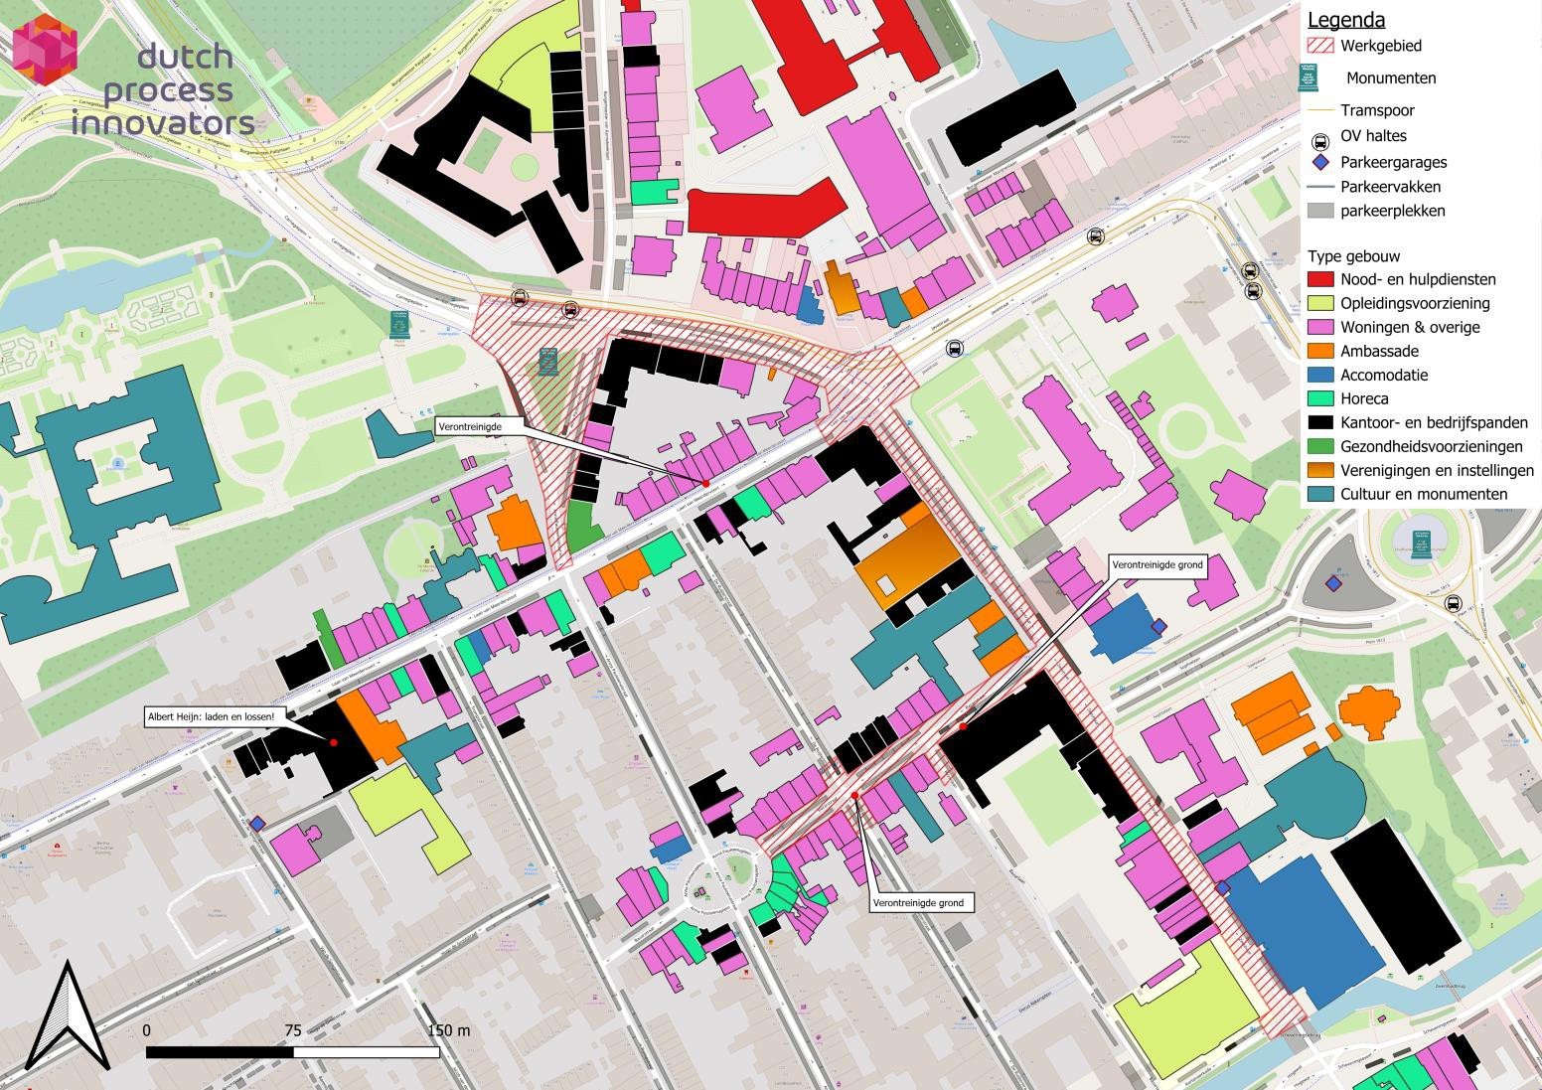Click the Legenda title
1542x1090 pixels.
click(1345, 20)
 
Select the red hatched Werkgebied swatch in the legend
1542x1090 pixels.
click(1319, 46)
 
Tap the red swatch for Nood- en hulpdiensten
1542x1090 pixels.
click(1319, 280)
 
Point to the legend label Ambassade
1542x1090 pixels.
click(1379, 352)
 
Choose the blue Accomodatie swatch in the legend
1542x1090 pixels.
click(1319, 376)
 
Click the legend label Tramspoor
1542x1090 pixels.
click(1377, 110)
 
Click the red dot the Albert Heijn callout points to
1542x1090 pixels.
click(334, 742)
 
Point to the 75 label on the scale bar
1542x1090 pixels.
click(292, 1030)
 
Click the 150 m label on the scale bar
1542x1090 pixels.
click(449, 1030)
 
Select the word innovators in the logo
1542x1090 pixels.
click(163, 123)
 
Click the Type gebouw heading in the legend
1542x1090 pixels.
click(1353, 256)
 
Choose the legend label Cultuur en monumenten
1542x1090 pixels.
click(1423, 495)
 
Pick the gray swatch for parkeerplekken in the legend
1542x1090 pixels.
click(1319, 211)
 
